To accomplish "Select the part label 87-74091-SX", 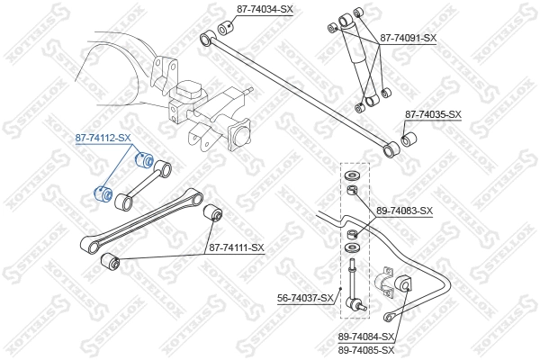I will click(x=408, y=38).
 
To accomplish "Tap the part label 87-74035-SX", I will click(x=433, y=114).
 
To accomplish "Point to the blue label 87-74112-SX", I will click(x=103, y=139).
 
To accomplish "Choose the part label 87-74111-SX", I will click(x=237, y=247).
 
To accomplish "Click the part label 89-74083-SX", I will click(x=404, y=211).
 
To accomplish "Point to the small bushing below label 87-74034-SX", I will click(x=225, y=25).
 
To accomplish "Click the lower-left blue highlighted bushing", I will click(x=103, y=193).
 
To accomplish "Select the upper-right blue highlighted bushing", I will click(x=140, y=161).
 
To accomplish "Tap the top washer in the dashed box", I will click(x=353, y=174).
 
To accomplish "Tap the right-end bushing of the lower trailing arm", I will click(x=214, y=213).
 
